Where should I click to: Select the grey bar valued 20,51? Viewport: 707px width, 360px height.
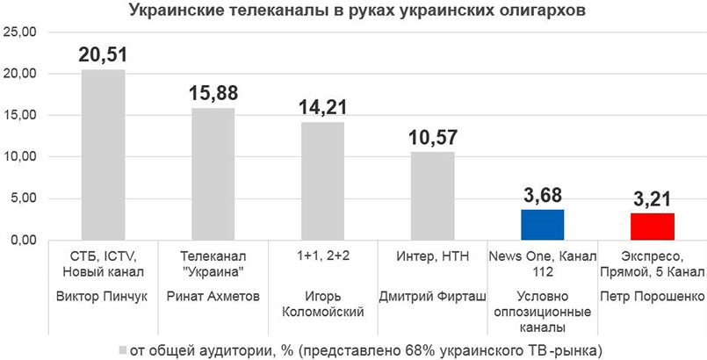point(103,155)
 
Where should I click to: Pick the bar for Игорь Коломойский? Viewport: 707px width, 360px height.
point(323,181)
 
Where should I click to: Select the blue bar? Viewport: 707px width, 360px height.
point(543,225)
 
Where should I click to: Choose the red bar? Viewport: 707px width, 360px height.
point(653,227)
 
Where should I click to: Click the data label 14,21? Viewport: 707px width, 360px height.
point(323,106)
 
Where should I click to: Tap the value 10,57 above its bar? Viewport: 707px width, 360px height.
point(433,137)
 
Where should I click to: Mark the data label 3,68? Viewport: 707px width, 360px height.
point(543,194)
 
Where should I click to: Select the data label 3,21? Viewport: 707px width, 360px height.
point(653,198)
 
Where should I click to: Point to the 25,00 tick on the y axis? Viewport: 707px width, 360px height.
point(20,32)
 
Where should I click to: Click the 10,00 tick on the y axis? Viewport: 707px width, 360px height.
point(20,157)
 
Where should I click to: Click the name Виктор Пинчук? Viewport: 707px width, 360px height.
point(103,296)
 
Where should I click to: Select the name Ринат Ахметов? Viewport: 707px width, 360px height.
point(213,296)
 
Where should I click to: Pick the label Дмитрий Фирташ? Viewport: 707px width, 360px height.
point(433,296)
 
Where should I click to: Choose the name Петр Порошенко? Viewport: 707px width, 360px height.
point(653,296)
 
